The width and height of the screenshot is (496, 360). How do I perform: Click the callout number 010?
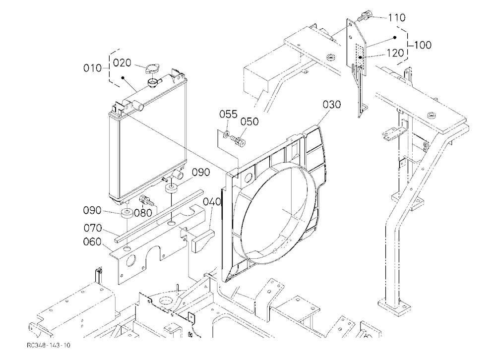92,68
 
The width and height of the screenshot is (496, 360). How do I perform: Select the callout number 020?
122,63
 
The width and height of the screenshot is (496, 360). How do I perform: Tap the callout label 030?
332,105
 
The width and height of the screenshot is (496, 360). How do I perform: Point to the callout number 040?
212,202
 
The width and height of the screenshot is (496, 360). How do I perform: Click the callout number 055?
228,114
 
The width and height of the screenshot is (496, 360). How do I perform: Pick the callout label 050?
249,121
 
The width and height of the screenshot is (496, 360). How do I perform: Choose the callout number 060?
92,242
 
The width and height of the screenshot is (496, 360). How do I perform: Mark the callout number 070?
93,228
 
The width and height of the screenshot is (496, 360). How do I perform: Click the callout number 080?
143,213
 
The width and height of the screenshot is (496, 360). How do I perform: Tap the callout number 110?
397,18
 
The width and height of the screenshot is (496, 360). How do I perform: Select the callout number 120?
395,53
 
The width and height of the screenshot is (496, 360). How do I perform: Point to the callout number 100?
423,45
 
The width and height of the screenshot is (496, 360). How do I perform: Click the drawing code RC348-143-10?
49,345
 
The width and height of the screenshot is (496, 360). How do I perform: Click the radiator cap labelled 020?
152,69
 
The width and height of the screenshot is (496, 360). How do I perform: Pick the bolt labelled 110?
366,15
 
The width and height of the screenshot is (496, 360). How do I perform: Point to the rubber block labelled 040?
202,240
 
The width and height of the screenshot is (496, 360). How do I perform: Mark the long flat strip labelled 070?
159,216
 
